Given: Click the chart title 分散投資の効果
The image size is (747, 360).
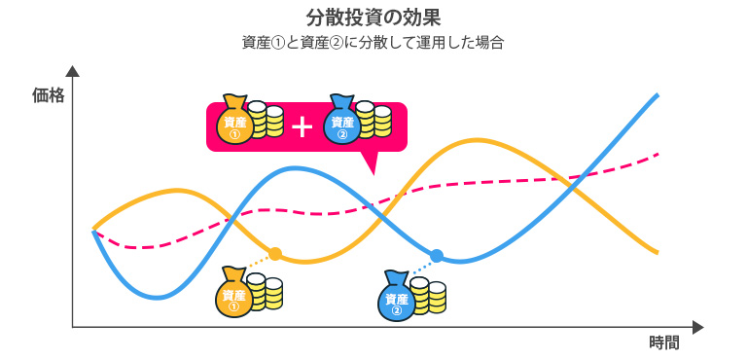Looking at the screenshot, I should pos(373,17).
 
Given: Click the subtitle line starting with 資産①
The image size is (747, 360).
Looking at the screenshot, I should pos(373,43).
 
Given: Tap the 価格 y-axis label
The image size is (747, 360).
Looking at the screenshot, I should pos(48,94).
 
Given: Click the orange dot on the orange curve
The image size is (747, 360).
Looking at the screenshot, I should pos(275,254).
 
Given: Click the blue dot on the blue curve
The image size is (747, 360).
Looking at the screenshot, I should pos(437,255).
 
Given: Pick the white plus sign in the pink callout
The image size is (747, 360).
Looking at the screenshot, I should pos(302,126).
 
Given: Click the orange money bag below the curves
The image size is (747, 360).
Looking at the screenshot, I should pos(234,294).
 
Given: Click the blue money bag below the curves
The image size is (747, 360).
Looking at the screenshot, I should pos(396,297).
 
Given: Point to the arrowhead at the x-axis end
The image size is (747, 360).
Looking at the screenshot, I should pos(696,327).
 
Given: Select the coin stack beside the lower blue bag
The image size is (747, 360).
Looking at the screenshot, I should pos(428,296).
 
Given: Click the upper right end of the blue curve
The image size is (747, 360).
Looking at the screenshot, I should pos(658,94).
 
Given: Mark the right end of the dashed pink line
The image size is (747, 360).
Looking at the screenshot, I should pos(659,154).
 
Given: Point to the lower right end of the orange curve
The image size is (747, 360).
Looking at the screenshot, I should pos(658,253).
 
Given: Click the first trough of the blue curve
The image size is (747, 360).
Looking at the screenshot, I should pos(156,297).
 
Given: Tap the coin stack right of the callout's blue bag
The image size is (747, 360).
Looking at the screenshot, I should pos(372,122).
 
